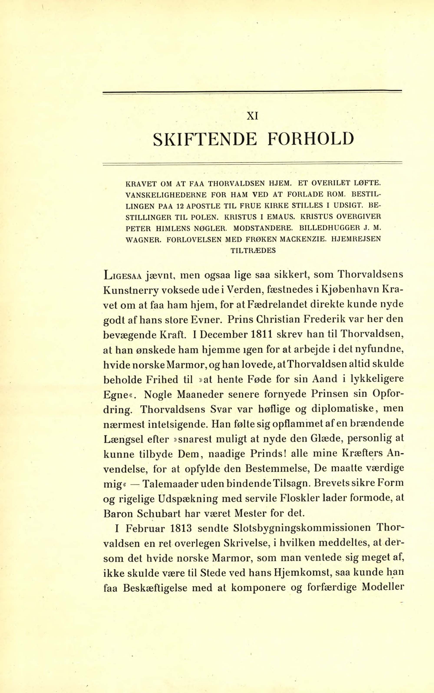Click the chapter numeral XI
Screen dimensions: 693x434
click(252, 116)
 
